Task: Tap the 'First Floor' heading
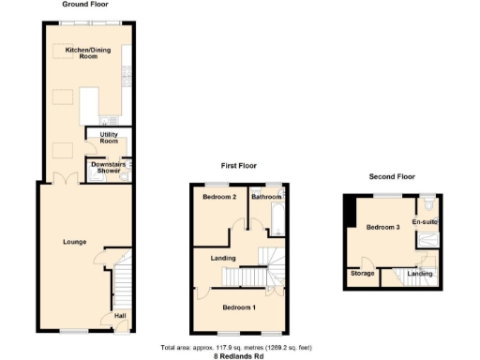[238, 166]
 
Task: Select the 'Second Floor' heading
[391, 176]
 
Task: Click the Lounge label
[75, 242]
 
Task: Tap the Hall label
[121, 316]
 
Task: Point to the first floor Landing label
[222, 258]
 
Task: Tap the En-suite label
[427, 222]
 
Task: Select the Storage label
[362, 274]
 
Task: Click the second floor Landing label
[419, 274]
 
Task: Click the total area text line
[239, 348]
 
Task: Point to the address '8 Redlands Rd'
[239, 355]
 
